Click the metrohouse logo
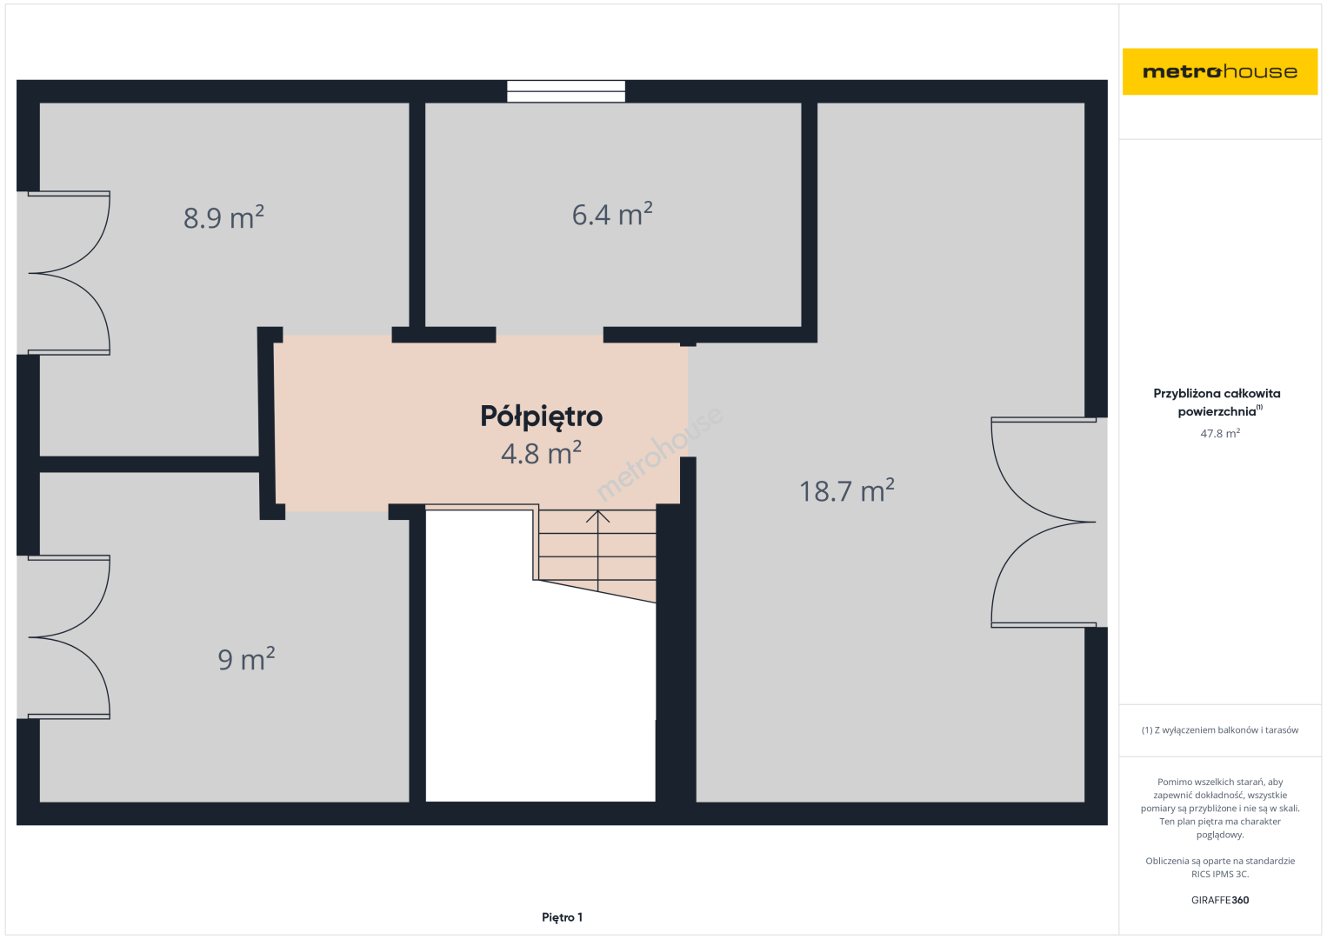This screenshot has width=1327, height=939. (1220, 71)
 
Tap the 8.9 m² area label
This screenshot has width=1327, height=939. (223, 216)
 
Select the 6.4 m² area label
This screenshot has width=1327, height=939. (612, 214)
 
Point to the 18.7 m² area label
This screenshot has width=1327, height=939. (847, 490)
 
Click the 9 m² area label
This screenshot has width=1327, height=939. (246, 659)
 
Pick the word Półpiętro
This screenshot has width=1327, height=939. (542, 417)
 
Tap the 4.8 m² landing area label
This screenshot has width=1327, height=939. (542, 453)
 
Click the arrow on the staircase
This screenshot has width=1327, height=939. (597, 551)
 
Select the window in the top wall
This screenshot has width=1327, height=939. (566, 91)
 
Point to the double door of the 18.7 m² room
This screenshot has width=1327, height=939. (1043, 522)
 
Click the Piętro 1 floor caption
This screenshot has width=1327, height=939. (563, 917)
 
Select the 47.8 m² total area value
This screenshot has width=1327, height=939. (1220, 433)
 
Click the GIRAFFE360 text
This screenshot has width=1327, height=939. (1220, 900)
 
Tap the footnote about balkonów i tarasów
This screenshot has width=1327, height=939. (1220, 729)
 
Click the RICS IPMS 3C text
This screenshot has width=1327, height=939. (1220, 874)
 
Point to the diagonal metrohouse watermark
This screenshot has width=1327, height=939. (659, 454)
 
